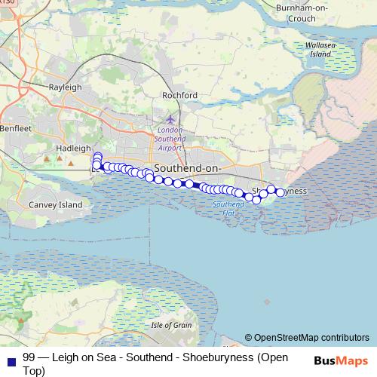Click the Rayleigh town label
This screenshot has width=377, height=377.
pyautogui.click(x=65, y=87)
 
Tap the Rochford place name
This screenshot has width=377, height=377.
pyautogui.click(x=179, y=95)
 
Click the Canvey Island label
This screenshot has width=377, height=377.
pyautogui.click(x=55, y=204)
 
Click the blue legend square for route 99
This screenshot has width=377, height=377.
pyautogui.click(x=11, y=357)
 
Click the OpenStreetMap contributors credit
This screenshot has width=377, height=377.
pyautogui.click(x=307, y=338)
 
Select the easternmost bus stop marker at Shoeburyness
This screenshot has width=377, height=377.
pyautogui.click(x=280, y=193)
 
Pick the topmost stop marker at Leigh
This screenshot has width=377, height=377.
pyautogui.click(x=97, y=156)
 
